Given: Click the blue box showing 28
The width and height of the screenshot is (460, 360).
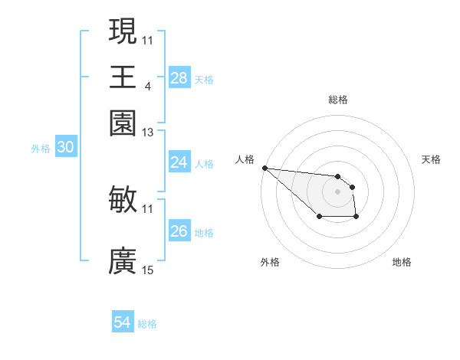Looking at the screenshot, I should [x=179, y=78].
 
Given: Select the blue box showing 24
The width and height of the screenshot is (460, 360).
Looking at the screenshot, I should [x=179, y=162].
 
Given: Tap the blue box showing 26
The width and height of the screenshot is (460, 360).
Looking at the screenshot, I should [x=179, y=231].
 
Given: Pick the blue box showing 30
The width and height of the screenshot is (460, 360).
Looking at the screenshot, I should [x=65, y=148].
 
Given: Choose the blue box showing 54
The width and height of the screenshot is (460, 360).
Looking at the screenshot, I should [x=122, y=322].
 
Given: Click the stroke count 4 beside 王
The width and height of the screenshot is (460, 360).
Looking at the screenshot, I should [x=147, y=86].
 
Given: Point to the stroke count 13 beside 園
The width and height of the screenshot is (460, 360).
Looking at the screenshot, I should [x=148, y=133].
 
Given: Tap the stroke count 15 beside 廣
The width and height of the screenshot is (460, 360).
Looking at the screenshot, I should [x=148, y=270].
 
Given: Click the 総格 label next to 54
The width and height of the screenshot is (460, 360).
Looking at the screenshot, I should [x=147, y=324].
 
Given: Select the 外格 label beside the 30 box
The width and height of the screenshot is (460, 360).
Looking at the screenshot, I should [x=40, y=149].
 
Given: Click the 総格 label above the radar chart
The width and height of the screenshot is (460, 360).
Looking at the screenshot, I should [x=337, y=100].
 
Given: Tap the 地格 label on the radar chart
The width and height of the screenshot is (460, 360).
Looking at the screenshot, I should [x=402, y=262].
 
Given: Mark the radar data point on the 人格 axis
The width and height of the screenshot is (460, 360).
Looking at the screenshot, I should [x=264, y=168].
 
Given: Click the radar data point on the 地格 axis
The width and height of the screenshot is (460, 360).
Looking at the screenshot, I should [x=356, y=218].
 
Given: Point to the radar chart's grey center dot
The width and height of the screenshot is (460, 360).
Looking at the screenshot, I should [x=337, y=191].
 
